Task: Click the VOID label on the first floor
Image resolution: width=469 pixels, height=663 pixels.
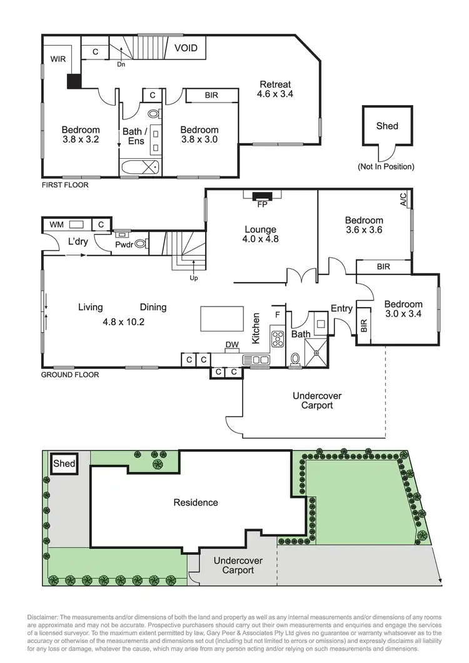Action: pyautogui.click(x=186, y=48)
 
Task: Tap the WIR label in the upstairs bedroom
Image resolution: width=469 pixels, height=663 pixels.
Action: pyautogui.click(x=57, y=59)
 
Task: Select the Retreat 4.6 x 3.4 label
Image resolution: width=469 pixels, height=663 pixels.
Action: pyautogui.click(x=275, y=89)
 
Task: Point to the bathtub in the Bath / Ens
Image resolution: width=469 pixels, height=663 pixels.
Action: pyautogui.click(x=139, y=167)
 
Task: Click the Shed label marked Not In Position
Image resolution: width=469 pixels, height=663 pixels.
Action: pyautogui.click(x=386, y=126)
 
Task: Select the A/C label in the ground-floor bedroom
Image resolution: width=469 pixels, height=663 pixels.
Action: pyautogui.click(x=403, y=200)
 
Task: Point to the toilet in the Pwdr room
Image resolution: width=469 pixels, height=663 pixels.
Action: pyautogui.click(x=141, y=244)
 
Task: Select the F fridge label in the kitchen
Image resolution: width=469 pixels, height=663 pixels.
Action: pyautogui.click(x=278, y=313)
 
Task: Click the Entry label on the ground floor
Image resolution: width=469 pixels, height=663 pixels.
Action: pyautogui.click(x=341, y=308)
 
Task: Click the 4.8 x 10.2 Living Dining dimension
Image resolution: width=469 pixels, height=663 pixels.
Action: pyautogui.click(x=124, y=323)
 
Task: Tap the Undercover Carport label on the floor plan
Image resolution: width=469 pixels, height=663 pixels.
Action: pyautogui.click(x=318, y=400)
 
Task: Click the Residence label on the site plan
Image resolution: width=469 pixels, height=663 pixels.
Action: pyautogui.click(x=196, y=502)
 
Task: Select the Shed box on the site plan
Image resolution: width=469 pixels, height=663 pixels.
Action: pyautogui.click(x=64, y=464)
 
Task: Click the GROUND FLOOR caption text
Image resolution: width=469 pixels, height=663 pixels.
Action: pyautogui.click(x=69, y=375)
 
